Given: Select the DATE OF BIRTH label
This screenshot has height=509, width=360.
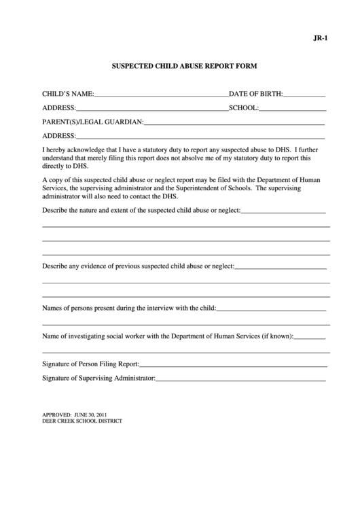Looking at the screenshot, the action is pyautogui.click(x=255, y=94).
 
